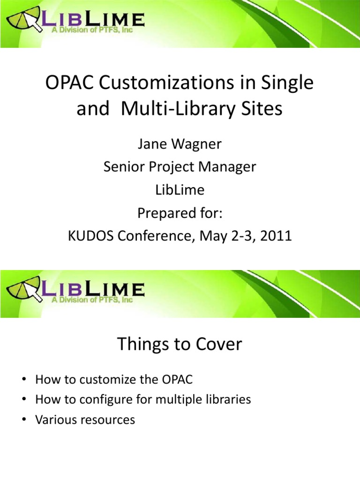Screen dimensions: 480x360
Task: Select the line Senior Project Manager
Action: (180, 167)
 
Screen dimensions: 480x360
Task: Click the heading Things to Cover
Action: (180, 345)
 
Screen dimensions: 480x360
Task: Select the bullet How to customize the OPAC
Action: (114, 380)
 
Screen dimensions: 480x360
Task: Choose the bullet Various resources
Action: (85, 420)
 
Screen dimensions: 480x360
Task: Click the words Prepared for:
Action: (180, 213)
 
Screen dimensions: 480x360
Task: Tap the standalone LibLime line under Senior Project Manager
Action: (180, 190)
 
